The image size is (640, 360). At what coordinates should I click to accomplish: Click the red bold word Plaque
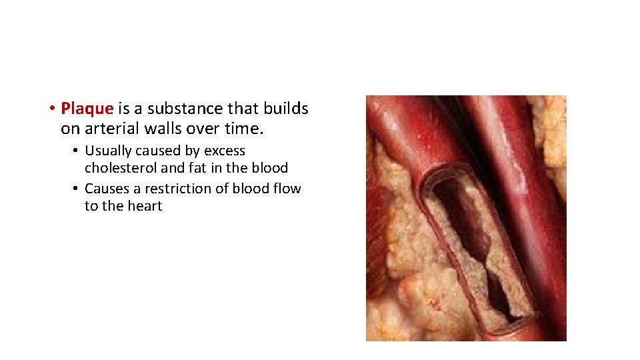tap(87, 108)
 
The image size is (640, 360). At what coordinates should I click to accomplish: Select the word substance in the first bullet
tap(175, 108)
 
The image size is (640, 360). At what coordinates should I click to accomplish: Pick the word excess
tap(225, 151)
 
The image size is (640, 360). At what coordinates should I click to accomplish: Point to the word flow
tap(287, 189)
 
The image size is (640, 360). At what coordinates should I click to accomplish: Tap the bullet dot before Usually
tap(77, 151)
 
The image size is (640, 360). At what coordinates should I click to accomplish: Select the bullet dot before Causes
tap(77, 189)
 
